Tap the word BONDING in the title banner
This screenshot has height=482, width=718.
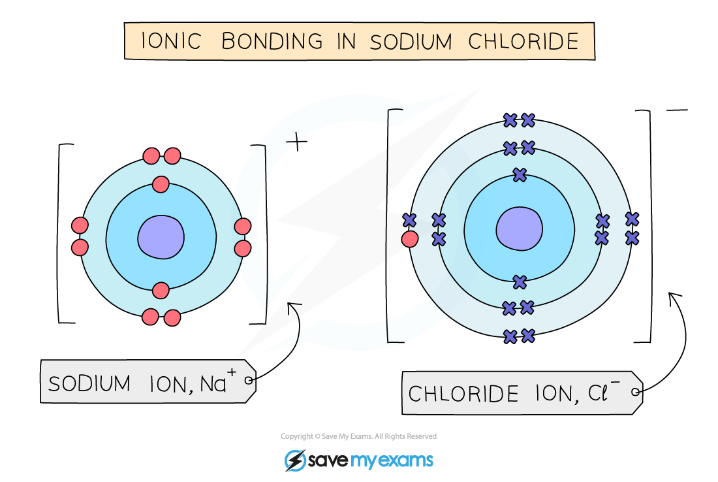coord(272,41)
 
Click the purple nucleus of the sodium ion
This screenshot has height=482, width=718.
coord(161,236)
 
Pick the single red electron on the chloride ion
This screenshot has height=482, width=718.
coord(410,239)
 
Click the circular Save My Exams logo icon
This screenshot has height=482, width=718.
coord(295,460)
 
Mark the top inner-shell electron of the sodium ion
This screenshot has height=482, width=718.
coord(161,185)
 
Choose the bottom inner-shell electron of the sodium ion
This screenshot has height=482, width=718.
coord(161,290)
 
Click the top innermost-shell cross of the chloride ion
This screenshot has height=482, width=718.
coord(520,175)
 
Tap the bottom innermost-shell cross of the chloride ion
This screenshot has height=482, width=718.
coord(520,282)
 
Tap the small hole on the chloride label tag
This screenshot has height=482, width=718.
coord(636,393)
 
